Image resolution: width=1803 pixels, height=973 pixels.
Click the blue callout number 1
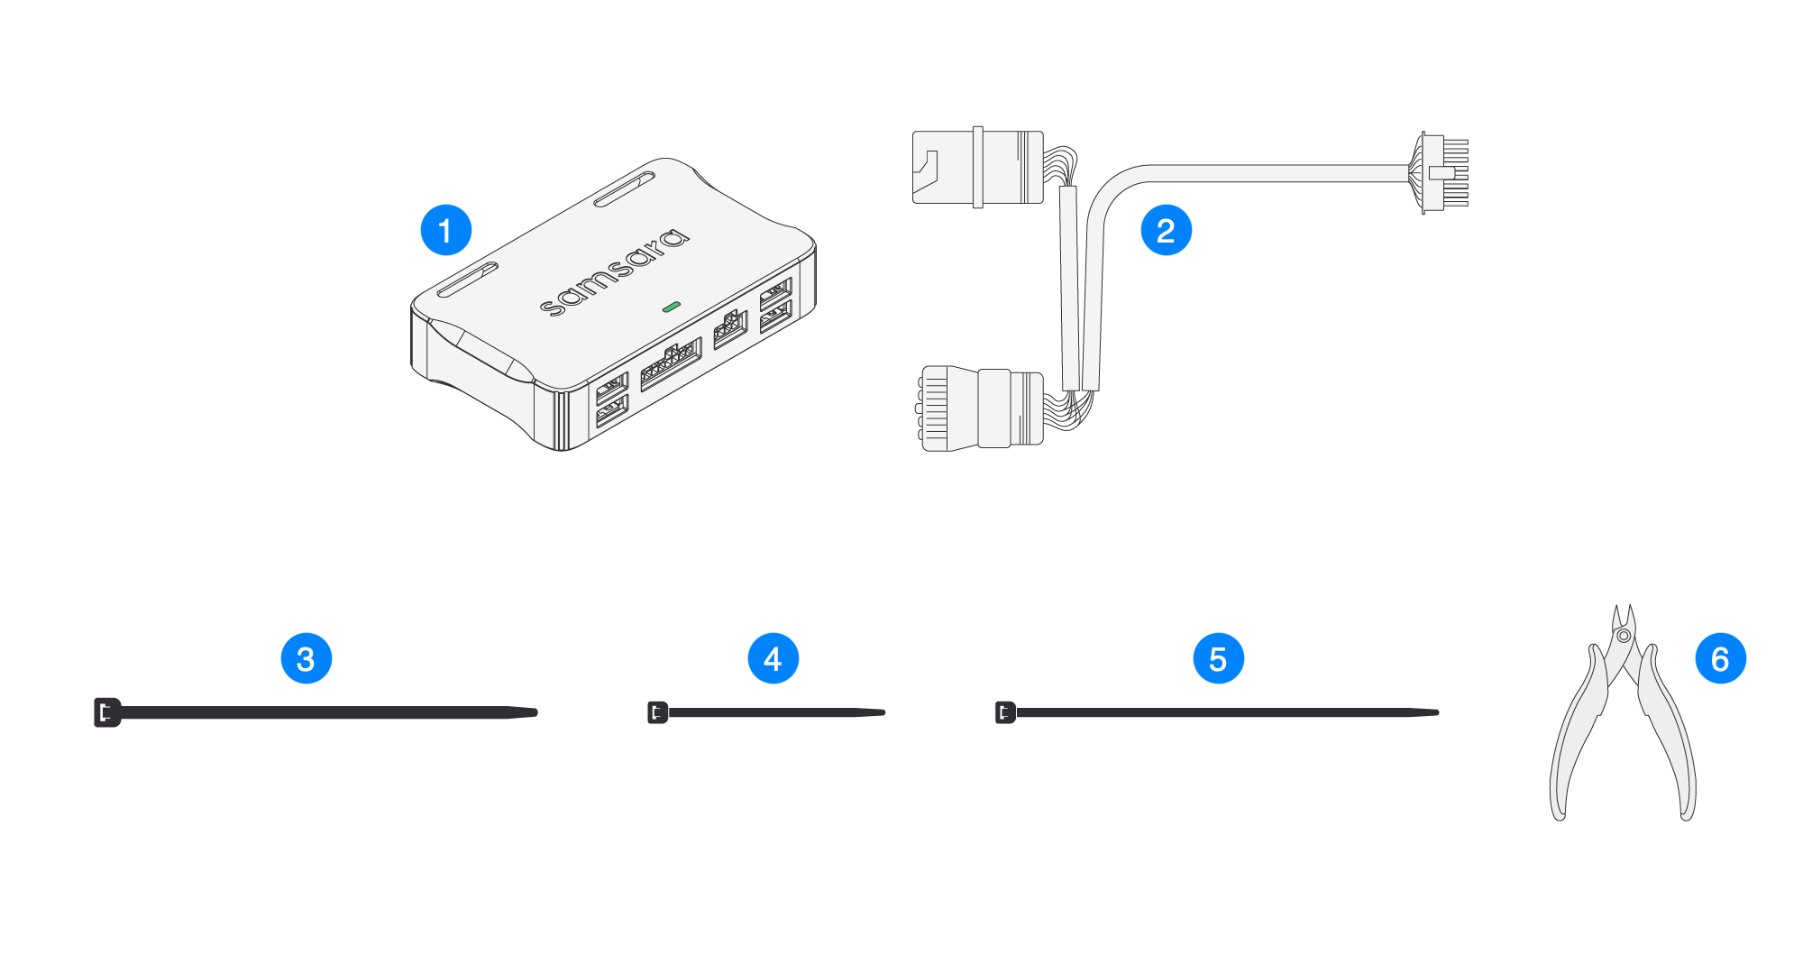coord(445,230)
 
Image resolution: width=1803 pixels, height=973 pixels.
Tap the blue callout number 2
coord(1166,230)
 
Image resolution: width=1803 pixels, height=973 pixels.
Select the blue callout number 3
coord(307,658)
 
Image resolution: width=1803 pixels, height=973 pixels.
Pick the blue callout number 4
coord(773,658)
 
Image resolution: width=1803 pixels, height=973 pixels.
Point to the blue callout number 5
coord(1218,658)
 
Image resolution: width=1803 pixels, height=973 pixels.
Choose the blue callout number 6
coord(1720,658)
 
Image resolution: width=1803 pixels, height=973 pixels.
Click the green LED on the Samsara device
coord(671,308)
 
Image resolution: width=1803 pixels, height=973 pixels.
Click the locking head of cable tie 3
coord(106,712)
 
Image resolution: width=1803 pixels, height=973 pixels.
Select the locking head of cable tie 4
coord(657,712)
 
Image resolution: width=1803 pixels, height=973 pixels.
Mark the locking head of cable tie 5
coord(1005,712)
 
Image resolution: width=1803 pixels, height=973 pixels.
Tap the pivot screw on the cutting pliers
coord(1624,636)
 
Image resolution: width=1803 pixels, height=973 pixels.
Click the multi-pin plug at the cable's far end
coord(1442,173)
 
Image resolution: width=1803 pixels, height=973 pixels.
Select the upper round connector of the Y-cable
coord(978,168)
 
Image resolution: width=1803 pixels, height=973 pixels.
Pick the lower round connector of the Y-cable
coord(981,408)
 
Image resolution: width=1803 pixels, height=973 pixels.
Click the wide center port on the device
coord(671,363)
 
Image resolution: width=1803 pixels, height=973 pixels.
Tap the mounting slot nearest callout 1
coord(468,280)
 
